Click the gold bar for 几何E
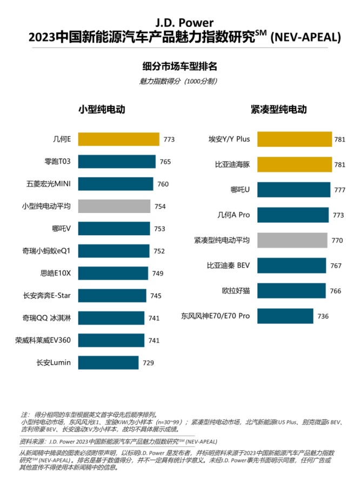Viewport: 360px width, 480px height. point(118,139)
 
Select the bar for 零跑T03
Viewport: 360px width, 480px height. point(117,162)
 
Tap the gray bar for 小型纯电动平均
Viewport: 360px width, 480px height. point(114,206)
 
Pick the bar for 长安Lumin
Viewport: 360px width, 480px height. point(108,362)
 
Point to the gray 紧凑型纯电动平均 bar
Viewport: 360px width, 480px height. point(292,240)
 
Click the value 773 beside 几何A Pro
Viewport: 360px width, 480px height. point(338,215)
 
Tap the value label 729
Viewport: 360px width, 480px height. point(148,363)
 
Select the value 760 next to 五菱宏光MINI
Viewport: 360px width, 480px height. point(163,184)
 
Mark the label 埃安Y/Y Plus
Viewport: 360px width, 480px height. point(229,139)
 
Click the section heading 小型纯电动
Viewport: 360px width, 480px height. point(102,109)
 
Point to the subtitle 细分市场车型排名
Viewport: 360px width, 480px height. point(179,66)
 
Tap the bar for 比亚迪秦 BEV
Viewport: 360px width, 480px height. point(291,265)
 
